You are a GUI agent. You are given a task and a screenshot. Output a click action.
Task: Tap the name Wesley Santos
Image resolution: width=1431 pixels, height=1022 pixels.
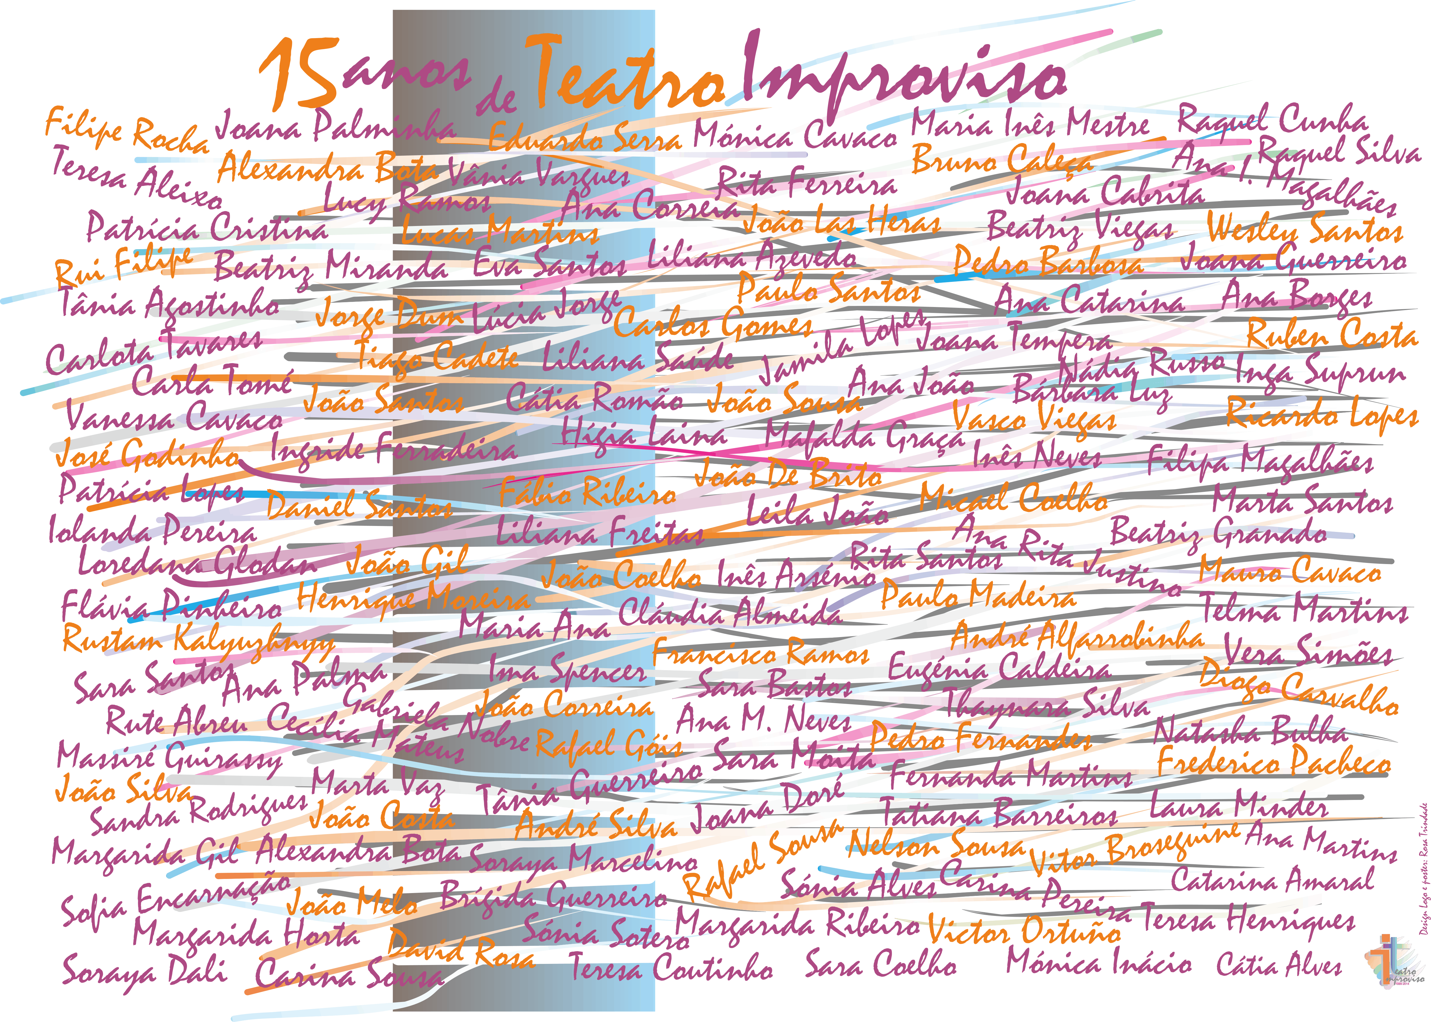point(1305,230)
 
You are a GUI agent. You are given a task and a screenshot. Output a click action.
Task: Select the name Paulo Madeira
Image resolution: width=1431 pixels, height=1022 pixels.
point(978,595)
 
